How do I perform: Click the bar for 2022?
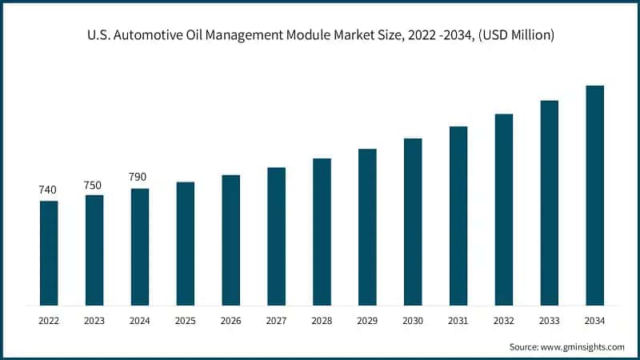49,253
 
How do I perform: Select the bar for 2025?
185,243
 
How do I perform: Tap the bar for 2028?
322,232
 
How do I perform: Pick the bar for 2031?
458,216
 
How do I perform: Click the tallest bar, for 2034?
594,195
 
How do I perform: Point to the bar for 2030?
413,222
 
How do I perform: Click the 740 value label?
48,190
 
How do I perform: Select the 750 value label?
93,185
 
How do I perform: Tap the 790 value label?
138,177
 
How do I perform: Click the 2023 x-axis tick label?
94,321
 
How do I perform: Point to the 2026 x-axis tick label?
230,321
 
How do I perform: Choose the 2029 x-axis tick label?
367,321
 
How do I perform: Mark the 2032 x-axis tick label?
503,321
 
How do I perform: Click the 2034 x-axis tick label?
594,321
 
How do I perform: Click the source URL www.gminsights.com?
582,346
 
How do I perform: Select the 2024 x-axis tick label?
140,321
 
